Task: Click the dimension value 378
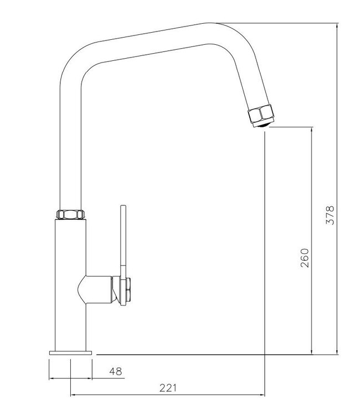click(330, 215)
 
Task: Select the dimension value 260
click(305, 258)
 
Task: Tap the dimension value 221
click(168, 388)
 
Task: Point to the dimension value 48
click(116, 371)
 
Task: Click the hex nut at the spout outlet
click(261, 114)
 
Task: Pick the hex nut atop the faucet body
click(70, 214)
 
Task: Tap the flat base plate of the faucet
click(70, 353)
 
